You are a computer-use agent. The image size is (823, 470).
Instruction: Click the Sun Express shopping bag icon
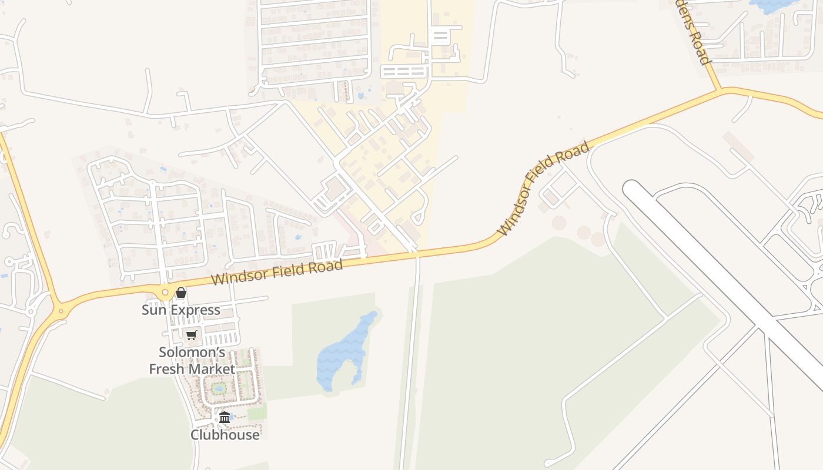[x=181, y=293]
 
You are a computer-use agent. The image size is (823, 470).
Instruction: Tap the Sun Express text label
[x=181, y=310]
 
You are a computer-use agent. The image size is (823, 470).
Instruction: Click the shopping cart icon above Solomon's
[x=191, y=335]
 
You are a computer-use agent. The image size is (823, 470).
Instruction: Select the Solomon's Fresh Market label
[x=192, y=360]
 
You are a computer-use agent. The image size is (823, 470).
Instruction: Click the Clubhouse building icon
[x=225, y=418]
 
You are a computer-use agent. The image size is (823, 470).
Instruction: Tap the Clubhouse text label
[x=225, y=435]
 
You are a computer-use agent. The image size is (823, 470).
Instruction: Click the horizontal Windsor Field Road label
[x=277, y=272]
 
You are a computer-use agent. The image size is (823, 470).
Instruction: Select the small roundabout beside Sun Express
[x=165, y=292]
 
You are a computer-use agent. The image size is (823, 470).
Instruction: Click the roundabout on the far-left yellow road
[x=59, y=310]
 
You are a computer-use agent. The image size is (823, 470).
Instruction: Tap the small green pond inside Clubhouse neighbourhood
[x=219, y=388]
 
